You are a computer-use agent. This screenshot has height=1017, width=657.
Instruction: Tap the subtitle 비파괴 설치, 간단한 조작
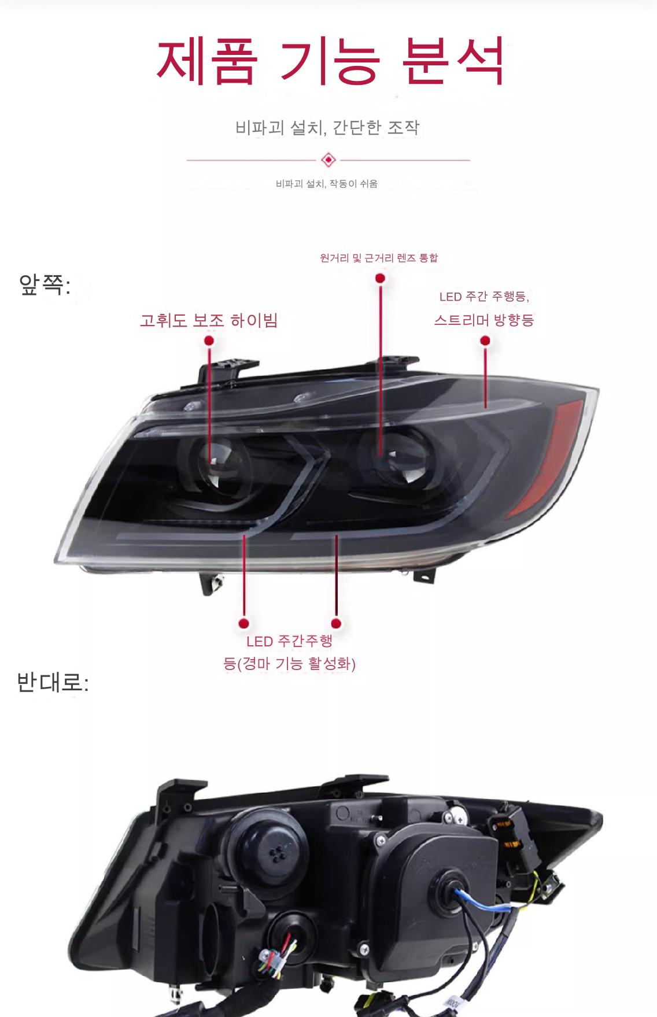point(327,127)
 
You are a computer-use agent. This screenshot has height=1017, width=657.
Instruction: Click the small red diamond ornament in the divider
point(328,160)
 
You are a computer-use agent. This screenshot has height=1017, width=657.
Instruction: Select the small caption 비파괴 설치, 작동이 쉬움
point(327,184)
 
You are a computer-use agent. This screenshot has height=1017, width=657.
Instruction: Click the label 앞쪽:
point(45,285)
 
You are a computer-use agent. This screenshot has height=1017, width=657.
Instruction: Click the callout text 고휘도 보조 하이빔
point(209,320)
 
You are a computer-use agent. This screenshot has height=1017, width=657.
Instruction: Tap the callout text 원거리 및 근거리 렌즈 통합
point(379,257)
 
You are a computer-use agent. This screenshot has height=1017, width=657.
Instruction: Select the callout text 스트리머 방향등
point(484,320)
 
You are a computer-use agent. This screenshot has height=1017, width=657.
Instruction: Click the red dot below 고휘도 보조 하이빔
point(209,341)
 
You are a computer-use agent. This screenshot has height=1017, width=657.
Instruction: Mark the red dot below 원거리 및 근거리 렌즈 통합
point(380,278)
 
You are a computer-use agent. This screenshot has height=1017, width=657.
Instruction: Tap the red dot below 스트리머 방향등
point(485,341)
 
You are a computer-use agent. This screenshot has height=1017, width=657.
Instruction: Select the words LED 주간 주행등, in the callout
point(484,297)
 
